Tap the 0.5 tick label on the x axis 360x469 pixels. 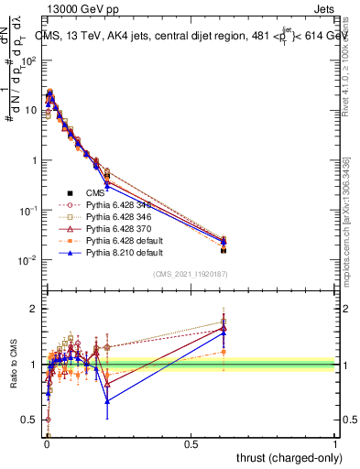[x=191, y=443]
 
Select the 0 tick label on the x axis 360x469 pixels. [x=46, y=443]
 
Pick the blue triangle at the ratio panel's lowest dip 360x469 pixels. [x=107, y=400]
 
